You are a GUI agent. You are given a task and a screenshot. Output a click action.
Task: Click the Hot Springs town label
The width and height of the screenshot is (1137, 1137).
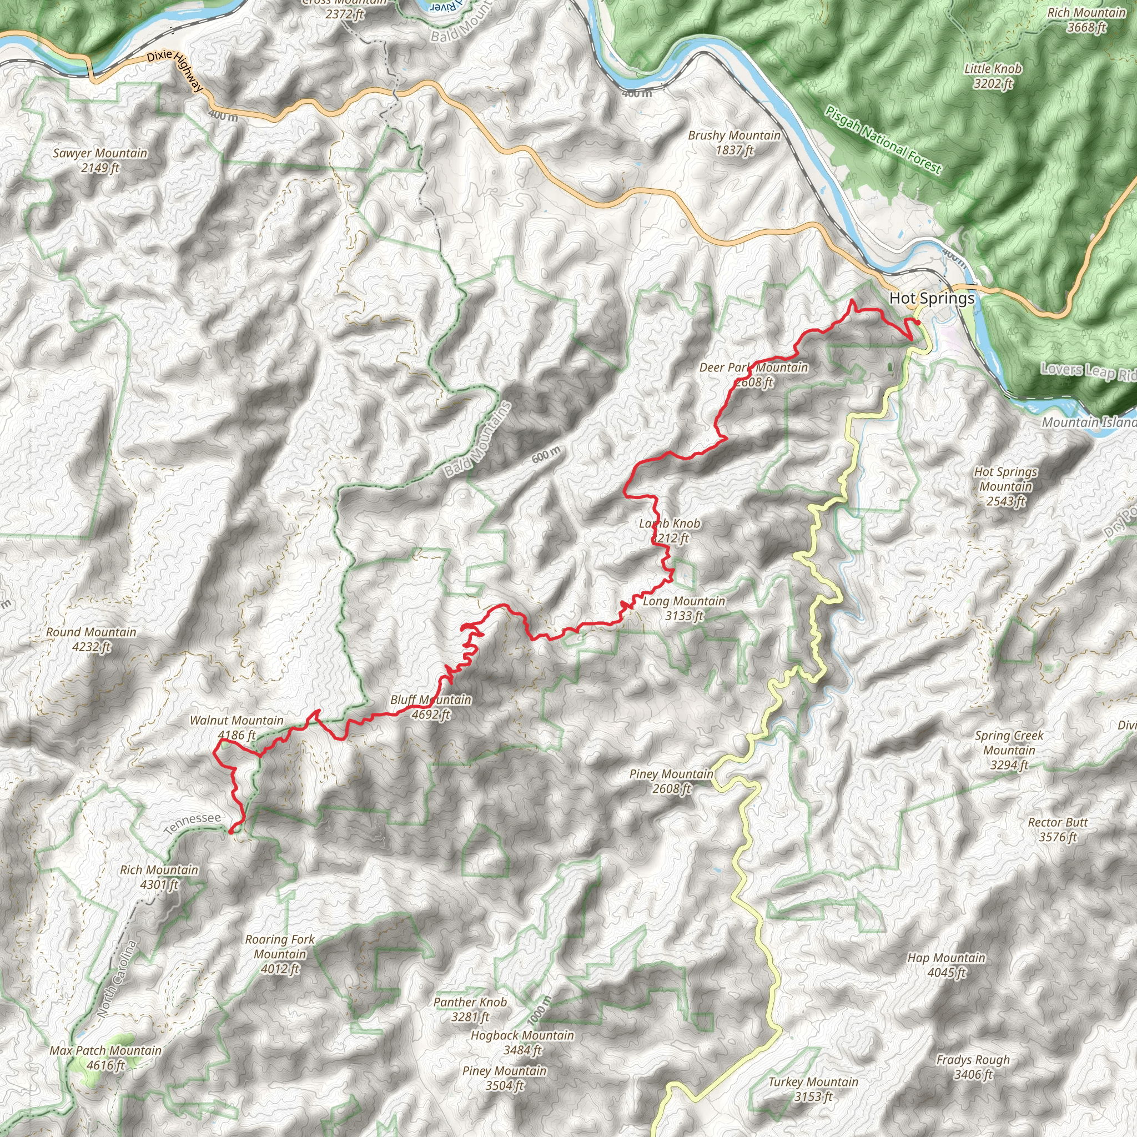click(x=932, y=298)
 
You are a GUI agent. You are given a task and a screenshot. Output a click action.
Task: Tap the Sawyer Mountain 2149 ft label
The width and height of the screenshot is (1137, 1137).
click(x=100, y=160)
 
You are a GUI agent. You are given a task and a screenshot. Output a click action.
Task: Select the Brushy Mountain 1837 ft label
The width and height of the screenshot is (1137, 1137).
click(x=734, y=143)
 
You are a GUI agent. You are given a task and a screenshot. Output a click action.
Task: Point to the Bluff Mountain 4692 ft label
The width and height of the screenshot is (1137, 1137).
click(x=431, y=707)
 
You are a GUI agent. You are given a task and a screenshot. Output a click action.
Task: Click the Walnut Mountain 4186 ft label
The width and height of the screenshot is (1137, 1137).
click(x=237, y=727)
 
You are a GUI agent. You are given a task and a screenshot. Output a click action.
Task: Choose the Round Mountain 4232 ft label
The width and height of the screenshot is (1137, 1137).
click(x=91, y=639)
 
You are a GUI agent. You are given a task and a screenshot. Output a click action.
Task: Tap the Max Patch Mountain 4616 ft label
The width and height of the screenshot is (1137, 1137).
click(x=105, y=1058)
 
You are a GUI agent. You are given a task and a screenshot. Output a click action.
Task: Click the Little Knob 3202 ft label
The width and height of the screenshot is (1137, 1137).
click(x=993, y=76)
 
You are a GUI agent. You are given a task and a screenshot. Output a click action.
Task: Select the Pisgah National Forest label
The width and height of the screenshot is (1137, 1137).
click(x=883, y=140)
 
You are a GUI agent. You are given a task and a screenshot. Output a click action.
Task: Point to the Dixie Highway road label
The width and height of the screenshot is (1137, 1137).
click(x=175, y=70)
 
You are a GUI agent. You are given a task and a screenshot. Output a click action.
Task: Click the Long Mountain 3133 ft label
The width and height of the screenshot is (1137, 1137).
click(x=684, y=608)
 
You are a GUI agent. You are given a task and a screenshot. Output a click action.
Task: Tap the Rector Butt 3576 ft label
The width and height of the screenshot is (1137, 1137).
click(x=1058, y=829)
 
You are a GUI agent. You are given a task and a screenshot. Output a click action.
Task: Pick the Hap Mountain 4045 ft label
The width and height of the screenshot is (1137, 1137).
click(x=947, y=964)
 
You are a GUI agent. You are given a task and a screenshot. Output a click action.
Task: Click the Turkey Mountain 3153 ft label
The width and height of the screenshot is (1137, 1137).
click(x=813, y=1089)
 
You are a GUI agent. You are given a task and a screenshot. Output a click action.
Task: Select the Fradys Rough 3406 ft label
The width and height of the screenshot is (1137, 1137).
click(x=973, y=1066)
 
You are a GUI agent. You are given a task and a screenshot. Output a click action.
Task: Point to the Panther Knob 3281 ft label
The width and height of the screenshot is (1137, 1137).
click(x=470, y=1009)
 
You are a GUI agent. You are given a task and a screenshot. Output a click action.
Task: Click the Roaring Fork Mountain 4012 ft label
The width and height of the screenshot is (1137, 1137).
click(x=280, y=954)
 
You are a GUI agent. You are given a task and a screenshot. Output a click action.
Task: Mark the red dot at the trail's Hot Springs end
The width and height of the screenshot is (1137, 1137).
click(x=918, y=322)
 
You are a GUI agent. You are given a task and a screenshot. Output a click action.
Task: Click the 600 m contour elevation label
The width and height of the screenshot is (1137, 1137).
click(x=546, y=454)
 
